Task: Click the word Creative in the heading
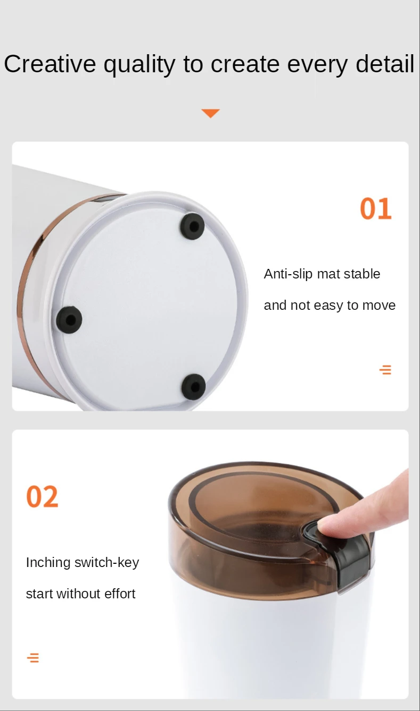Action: [x=50, y=64]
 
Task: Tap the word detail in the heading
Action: [x=385, y=64]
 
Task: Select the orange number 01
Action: [x=375, y=208]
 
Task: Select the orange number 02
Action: [x=42, y=496]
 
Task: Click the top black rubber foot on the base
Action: [x=193, y=226]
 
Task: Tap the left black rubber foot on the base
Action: [x=69, y=320]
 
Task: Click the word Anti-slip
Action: [x=288, y=274]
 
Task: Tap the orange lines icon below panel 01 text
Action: [x=385, y=370]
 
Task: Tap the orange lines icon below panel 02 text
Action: [x=33, y=658]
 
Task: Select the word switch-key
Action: [x=107, y=563]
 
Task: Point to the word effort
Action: [x=120, y=594]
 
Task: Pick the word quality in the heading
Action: [x=139, y=64]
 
